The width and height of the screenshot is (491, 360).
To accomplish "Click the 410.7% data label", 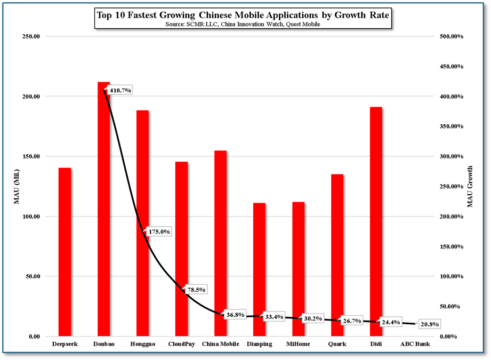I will point(120,90).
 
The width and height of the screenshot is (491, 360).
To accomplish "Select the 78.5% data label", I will point(196,290).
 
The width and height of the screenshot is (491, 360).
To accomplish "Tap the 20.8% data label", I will point(430,324).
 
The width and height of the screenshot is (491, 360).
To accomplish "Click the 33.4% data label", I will point(274,317).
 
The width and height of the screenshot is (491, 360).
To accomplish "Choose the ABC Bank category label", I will point(415,344).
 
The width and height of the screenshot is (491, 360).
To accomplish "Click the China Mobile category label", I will point(220,344).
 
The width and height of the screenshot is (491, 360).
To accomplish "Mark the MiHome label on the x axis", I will point(299,344).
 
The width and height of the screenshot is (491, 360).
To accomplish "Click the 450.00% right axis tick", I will point(451,67).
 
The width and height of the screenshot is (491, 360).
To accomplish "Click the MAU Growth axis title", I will point(470,187).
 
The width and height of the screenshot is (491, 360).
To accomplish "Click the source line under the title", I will point(243,25).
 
